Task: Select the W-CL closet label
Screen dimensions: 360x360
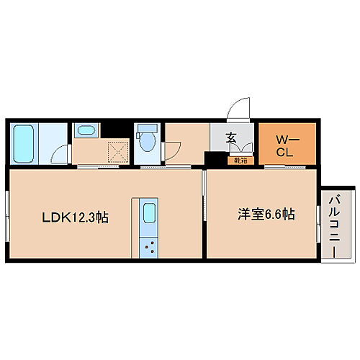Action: [x=285, y=144]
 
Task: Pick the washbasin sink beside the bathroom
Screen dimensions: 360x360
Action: [x=86, y=132]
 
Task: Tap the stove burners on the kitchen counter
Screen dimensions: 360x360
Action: [x=150, y=248]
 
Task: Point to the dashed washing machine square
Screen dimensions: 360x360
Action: [x=115, y=152]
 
